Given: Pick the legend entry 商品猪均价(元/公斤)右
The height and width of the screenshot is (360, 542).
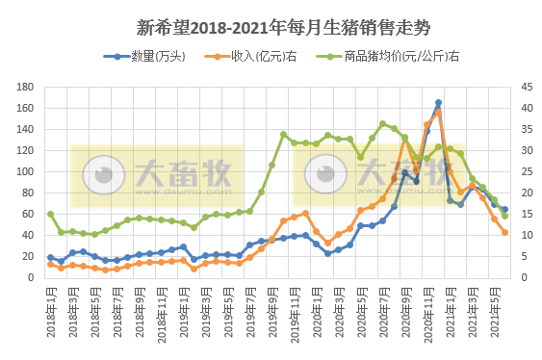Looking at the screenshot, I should tap(394, 57).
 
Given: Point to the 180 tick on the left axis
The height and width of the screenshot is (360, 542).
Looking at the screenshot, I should tap(26, 87).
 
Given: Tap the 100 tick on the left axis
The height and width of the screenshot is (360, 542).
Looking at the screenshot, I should tap(26, 171).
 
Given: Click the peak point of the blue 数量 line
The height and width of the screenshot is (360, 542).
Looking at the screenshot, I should tap(438, 103).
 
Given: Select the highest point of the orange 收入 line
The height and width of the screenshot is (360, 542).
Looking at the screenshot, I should tap(438, 112).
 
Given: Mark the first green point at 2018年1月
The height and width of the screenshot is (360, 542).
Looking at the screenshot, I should tap(50, 214).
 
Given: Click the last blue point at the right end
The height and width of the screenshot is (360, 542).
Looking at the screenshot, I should tap(504, 210).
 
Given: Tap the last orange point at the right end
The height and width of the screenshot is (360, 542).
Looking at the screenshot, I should tap(504, 232).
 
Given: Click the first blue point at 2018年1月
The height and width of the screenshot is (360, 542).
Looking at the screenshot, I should tap(50, 257).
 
